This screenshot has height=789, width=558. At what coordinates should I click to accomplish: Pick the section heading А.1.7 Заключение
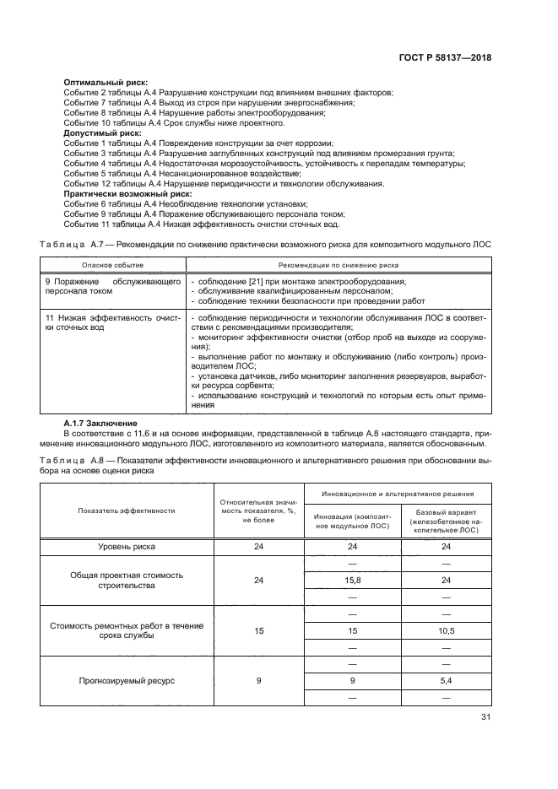[x=105, y=422]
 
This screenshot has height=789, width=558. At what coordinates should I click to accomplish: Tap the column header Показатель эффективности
[x=127, y=511]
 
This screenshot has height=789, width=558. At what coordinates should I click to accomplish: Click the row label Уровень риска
[x=127, y=547]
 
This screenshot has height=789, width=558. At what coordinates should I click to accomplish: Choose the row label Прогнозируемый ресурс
[x=127, y=680]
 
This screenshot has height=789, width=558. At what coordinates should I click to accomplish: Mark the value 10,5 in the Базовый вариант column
[x=445, y=630]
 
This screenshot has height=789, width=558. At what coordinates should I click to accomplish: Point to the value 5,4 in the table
[x=445, y=680]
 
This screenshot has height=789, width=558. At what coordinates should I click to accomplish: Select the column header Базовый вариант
[x=445, y=519]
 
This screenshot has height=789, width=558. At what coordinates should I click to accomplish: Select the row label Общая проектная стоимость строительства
[x=127, y=580]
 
